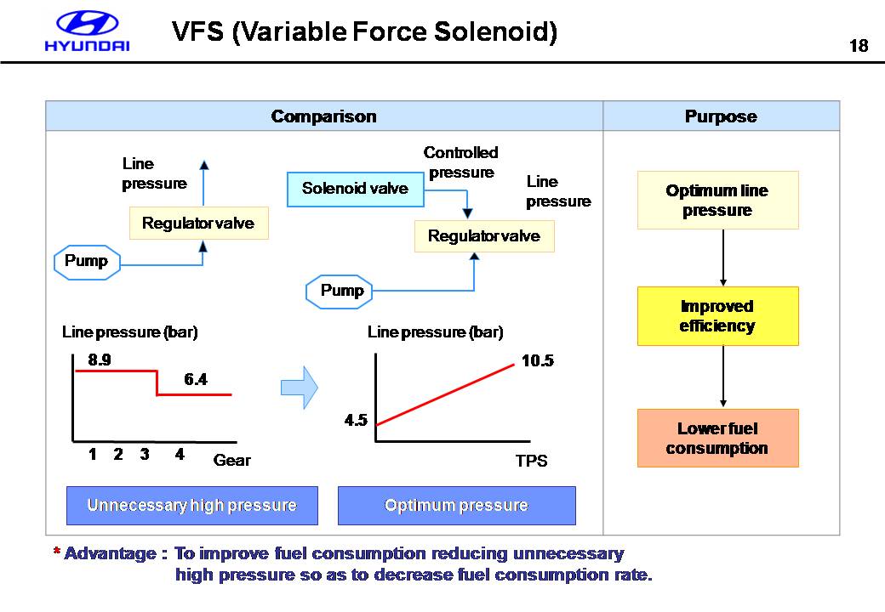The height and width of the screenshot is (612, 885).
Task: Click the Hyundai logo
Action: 88,32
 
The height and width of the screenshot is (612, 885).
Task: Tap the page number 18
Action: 859,46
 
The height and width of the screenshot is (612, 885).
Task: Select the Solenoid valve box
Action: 355,189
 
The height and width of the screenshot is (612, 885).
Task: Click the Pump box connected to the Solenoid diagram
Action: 342,292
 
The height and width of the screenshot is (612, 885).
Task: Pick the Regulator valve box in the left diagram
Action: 198,224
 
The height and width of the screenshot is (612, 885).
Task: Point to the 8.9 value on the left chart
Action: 100,360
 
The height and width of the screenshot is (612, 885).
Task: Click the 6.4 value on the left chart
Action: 196,380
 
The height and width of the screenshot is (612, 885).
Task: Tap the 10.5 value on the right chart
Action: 537,361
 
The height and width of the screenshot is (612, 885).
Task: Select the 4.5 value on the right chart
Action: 356,420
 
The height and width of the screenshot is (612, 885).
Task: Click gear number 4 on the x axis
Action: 180,455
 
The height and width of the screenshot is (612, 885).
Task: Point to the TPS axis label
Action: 531,462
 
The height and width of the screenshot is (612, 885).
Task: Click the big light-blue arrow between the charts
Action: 299,388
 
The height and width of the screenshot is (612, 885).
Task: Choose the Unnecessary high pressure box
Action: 191,506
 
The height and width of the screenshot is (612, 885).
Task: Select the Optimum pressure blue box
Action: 456,506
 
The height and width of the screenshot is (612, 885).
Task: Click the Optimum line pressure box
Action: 717,201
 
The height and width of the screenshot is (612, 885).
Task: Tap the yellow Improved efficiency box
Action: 717,316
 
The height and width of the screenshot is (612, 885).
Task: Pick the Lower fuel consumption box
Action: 717,439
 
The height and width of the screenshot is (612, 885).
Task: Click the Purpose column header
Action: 721,116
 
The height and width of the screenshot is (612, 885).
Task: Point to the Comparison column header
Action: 323,116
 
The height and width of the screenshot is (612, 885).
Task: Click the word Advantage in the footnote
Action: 110,554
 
